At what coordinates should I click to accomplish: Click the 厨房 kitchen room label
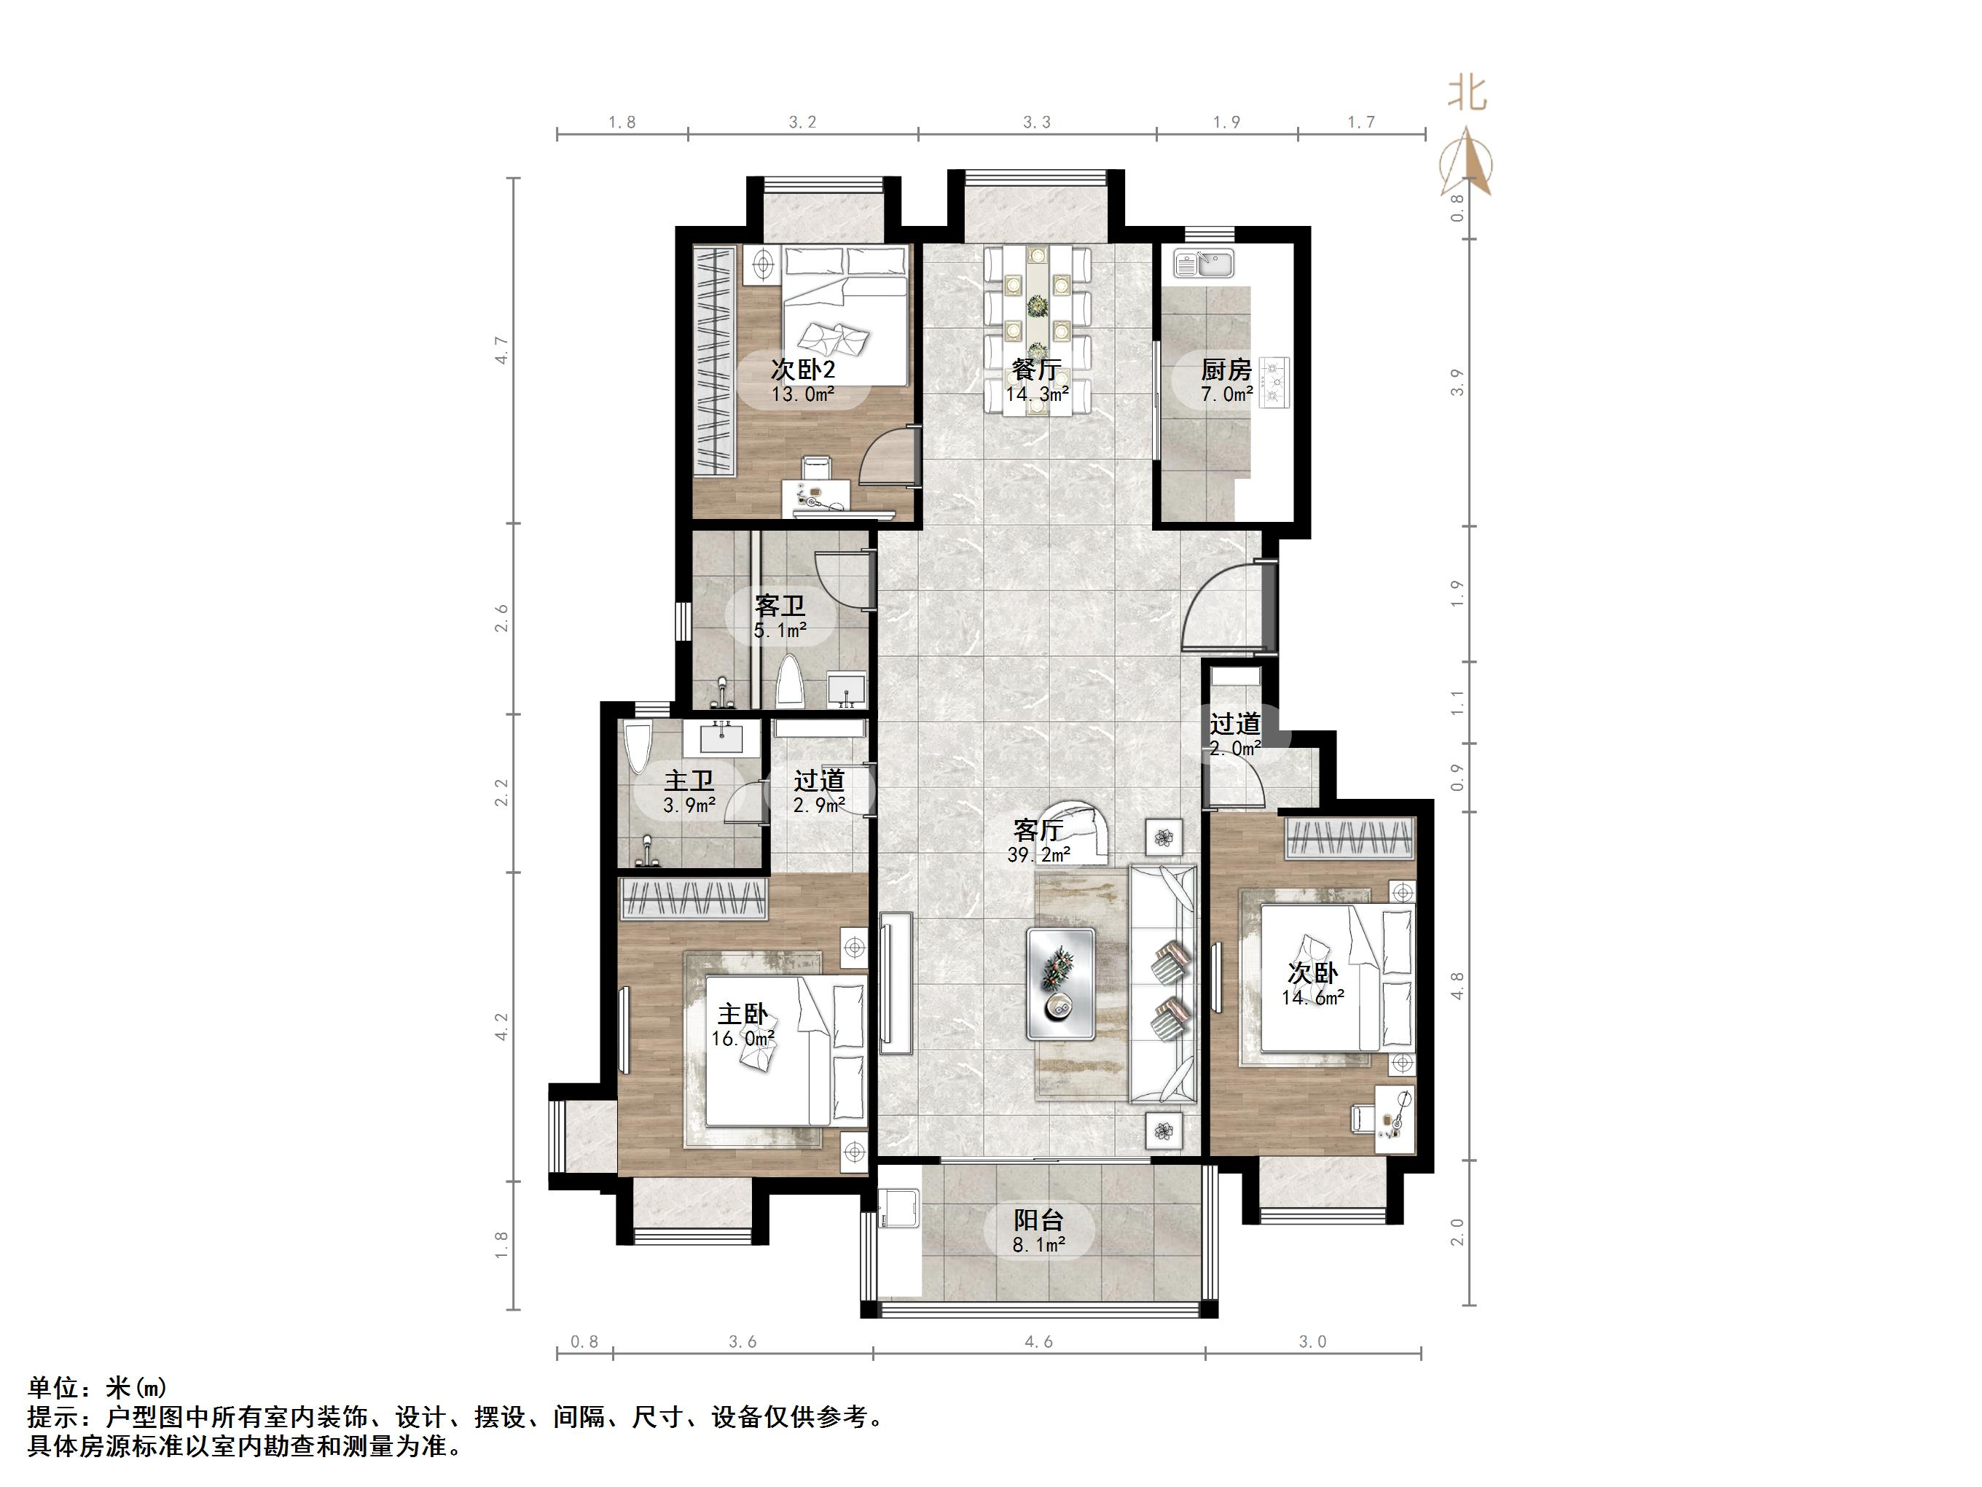[1226, 370]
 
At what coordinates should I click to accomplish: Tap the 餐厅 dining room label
[1037, 370]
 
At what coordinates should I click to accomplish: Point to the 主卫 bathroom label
[689, 781]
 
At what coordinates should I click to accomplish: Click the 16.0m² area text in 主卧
[743, 1039]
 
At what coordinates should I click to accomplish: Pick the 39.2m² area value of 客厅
[1038, 855]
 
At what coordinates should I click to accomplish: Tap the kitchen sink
[1205, 264]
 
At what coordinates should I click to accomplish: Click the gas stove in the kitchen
[1274, 383]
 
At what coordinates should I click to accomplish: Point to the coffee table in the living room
[1061, 983]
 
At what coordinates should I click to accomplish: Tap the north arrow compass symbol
[1466, 161]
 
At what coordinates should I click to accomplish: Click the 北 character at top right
[1468, 93]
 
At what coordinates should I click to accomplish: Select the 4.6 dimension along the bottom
[1038, 1342]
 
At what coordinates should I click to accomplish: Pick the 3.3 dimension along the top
[1037, 122]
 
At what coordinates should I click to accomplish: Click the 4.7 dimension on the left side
[502, 350]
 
